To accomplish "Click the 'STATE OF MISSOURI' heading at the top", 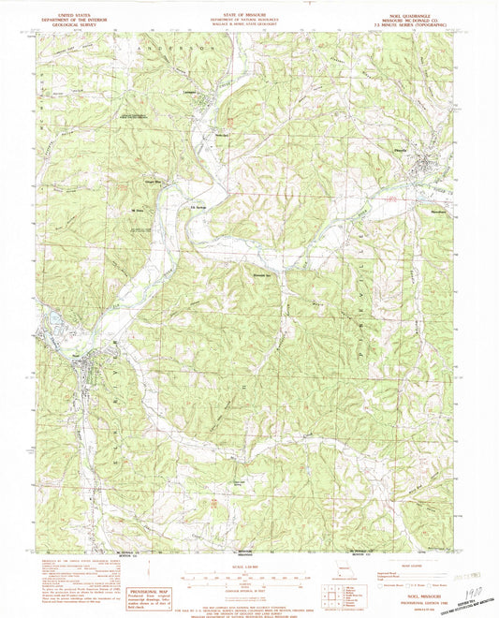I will tap(248, 15).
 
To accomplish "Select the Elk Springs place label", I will tap(198, 208).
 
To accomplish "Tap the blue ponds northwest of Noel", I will tap(53, 323).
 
